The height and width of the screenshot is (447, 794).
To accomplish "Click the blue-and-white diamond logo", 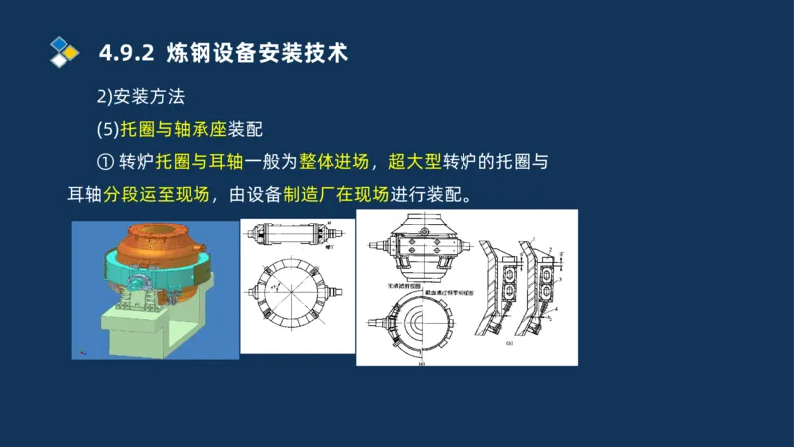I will [64, 51].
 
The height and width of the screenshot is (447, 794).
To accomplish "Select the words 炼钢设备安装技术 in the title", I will [258, 53].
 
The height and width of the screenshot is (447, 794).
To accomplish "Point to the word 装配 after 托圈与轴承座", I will [244, 129].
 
